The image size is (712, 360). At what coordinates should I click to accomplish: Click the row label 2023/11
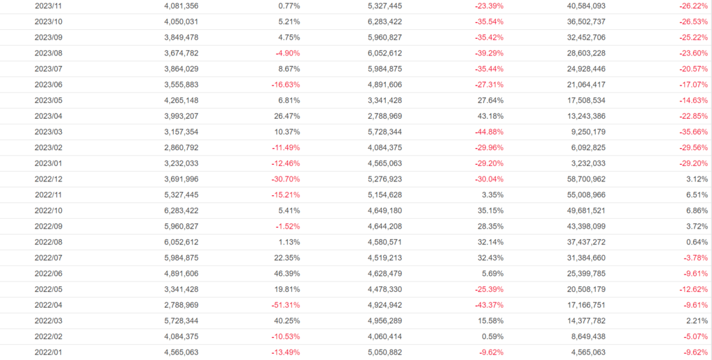49,6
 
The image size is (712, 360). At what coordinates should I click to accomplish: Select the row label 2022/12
49,179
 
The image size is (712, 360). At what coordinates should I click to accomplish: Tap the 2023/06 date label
49,84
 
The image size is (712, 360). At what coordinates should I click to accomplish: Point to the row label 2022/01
49,352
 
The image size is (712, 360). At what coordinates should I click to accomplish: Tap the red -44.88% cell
487,132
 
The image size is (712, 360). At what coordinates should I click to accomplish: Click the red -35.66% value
692,132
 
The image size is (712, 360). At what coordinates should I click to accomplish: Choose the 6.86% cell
696,211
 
